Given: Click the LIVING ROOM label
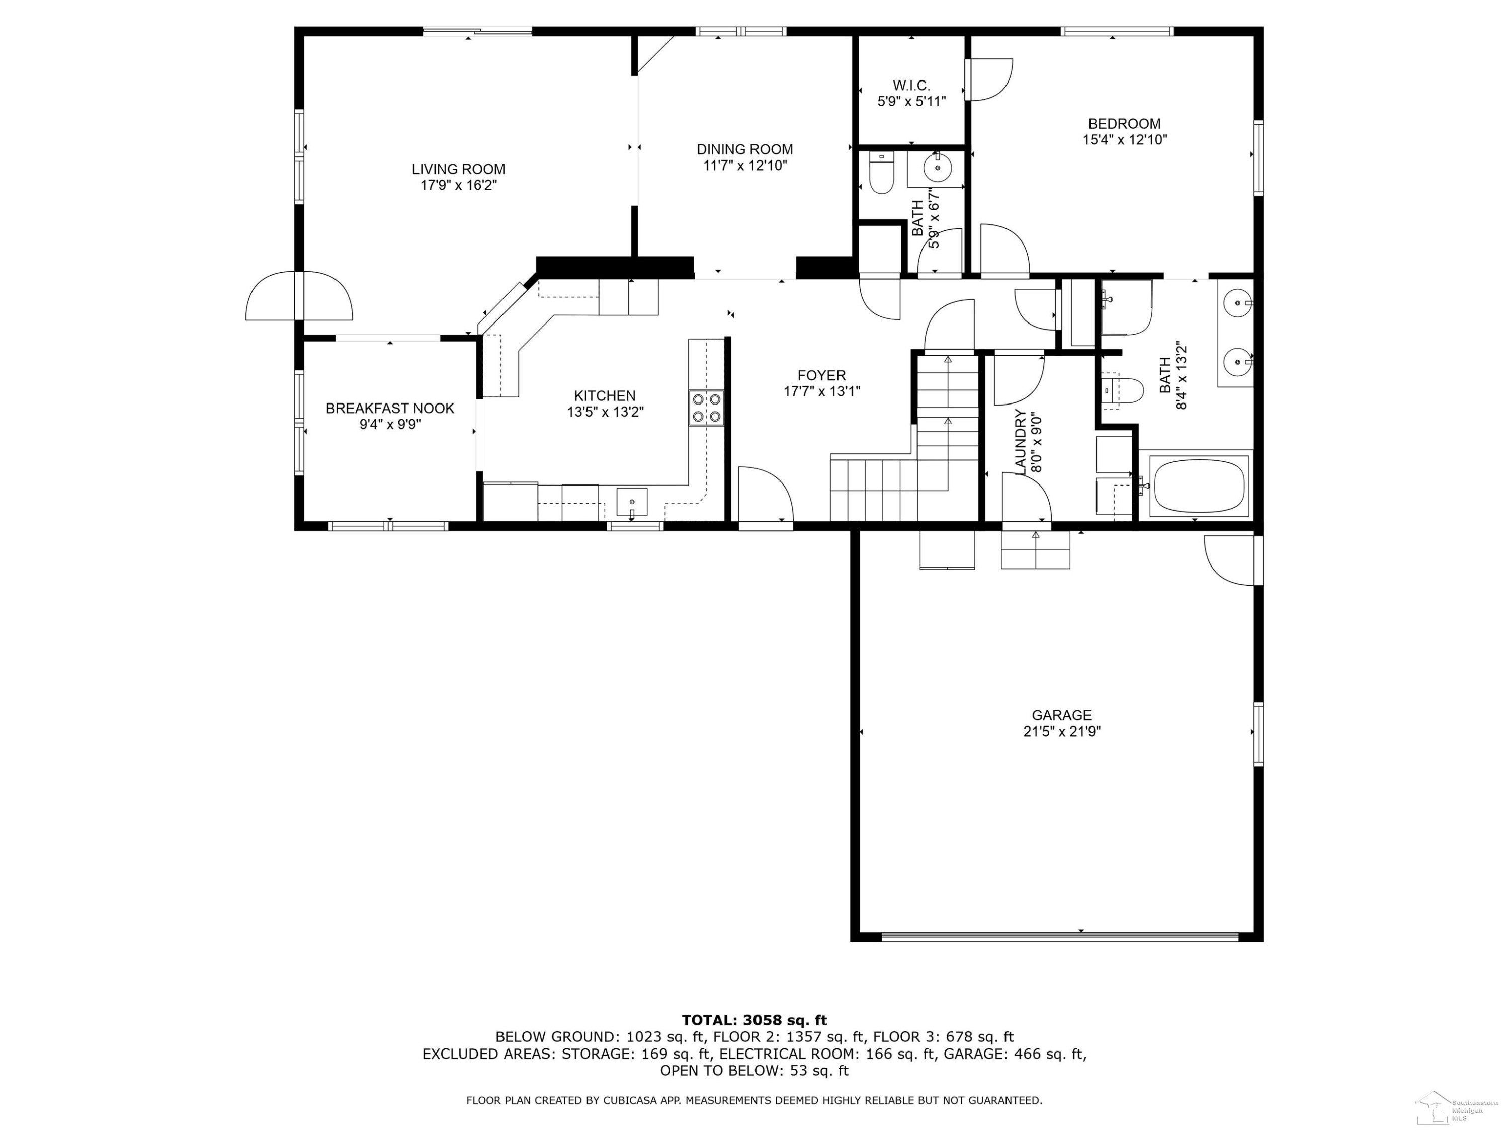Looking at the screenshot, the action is [x=458, y=169].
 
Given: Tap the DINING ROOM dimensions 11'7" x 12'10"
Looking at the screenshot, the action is [x=745, y=165].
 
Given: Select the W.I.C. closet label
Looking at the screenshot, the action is [x=911, y=86].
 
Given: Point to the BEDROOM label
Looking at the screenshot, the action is [x=1124, y=123].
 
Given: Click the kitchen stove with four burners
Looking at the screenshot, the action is [x=706, y=408].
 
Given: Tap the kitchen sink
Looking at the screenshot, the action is [x=632, y=502].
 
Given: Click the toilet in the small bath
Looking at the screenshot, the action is [x=881, y=173].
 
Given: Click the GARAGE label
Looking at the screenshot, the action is [x=1061, y=715].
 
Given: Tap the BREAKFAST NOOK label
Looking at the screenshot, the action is [x=390, y=408].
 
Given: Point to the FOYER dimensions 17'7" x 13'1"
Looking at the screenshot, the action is [x=822, y=391].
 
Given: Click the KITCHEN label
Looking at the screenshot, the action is [x=605, y=396].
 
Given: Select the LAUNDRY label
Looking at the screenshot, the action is [x=1021, y=442].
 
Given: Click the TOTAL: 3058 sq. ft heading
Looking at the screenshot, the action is [x=754, y=1020].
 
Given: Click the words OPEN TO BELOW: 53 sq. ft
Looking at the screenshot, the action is [x=754, y=1071].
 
